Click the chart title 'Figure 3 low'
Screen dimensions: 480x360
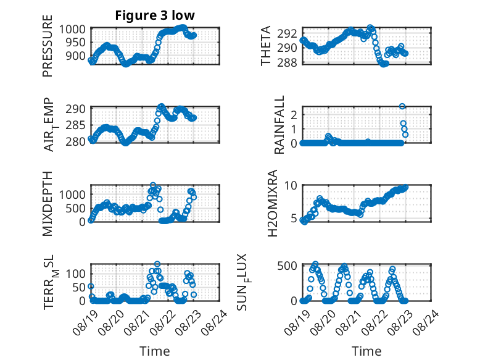click(x=155, y=15)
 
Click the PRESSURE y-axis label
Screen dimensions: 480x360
click(x=48, y=46)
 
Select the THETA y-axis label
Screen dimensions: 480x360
click(x=266, y=46)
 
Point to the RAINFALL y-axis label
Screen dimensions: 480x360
click(x=280, y=125)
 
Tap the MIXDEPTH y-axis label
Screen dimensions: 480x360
click(x=48, y=203)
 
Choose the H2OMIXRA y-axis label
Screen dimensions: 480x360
click(x=272, y=203)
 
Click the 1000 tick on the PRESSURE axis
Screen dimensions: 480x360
click(x=72, y=30)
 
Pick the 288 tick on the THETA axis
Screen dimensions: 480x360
click(x=287, y=62)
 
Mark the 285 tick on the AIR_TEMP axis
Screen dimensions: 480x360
click(x=76, y=125)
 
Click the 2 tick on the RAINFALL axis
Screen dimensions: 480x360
click(x=294, y=115)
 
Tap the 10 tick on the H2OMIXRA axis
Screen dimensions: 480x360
click(x=291, y=185)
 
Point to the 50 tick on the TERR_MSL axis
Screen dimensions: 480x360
click(x=79, y=287)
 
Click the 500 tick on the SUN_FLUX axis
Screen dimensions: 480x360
click(x=287, y=266)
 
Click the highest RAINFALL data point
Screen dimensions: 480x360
click(x=402, y=106)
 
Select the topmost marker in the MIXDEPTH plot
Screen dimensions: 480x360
click(x=153, y=185)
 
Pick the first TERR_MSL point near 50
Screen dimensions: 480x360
click(x=91, y=286)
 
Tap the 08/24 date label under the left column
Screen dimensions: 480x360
click(x=214, y=322)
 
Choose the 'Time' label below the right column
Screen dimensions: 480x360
click(x=366, y=351)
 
